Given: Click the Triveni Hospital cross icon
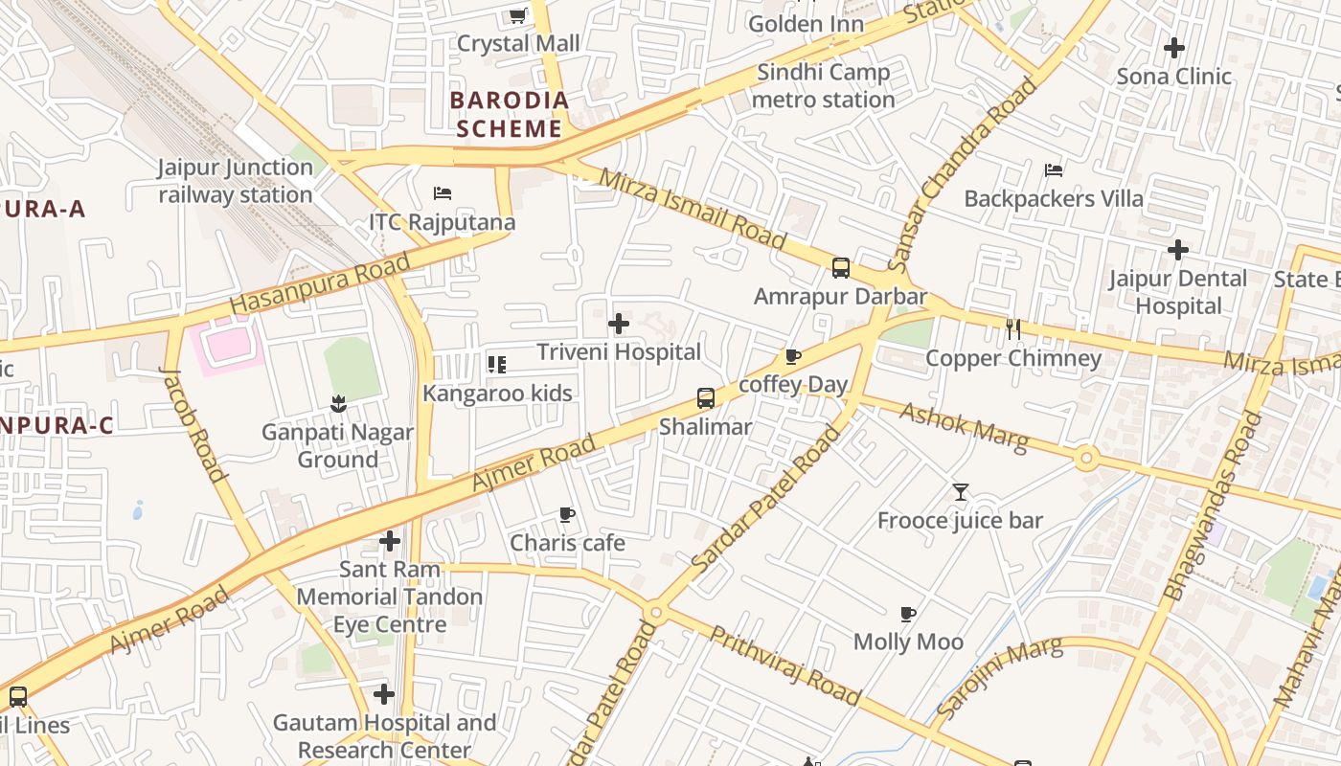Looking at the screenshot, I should (x=619, y=324).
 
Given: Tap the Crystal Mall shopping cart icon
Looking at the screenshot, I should (x=518, y=15).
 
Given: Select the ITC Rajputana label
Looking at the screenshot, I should (x=442, y=222).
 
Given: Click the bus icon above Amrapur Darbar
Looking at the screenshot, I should (x=841, y=268).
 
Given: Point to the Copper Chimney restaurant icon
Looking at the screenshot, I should (x=1013, y=330).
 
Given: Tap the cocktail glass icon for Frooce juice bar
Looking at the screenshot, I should (x=961, y=492).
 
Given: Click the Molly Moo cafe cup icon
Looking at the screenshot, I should (x=908, y=614).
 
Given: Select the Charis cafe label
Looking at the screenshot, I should (x=567, y=543).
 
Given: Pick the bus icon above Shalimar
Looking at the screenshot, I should (x=706, y=398).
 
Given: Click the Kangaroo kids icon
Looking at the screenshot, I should (x=496, y=364).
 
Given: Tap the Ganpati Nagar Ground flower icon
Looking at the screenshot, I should (x=337, y=404).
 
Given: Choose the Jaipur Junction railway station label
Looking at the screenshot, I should (x=236, y=181).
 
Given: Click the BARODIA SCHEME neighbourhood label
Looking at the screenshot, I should (x=509, y=114).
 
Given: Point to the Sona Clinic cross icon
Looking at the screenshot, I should (x=1173, y=47).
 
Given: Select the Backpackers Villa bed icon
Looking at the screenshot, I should (x=1054, y=170).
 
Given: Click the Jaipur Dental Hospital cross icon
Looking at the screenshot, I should (x=1178, y=251).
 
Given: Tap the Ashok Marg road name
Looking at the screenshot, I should (x=964, y=426).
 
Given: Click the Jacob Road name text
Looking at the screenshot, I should (x=193, y=424).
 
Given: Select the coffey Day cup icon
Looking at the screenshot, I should (x=793, y=357).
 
